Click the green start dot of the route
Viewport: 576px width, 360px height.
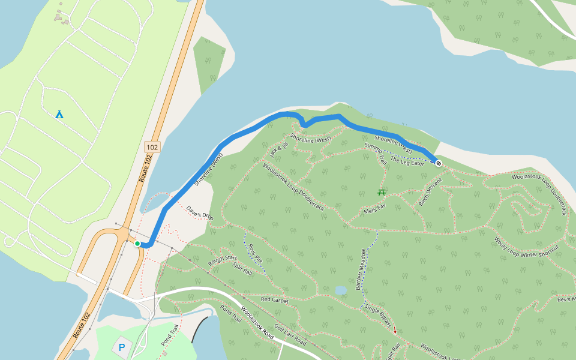[137, 244]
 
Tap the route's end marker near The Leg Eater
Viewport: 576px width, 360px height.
[439, 163]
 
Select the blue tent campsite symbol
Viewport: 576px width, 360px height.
[59, 114]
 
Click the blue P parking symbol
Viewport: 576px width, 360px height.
[122, 347]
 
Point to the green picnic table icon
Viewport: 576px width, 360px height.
[382, 192]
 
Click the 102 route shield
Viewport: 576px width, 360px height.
[152, 147]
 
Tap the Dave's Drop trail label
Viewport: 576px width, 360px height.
[200, 213]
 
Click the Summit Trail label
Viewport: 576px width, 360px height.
[376, 154]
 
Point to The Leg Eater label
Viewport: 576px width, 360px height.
[407, 161]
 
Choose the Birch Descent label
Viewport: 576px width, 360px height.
[430, 193]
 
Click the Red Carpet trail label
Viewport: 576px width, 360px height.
[275, 300]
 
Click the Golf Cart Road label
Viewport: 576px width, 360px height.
[290, 335]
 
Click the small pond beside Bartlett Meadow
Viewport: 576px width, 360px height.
[341, 290]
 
